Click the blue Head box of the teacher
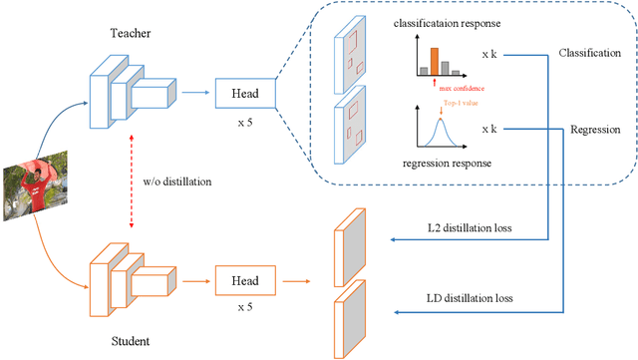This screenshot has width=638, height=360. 246,94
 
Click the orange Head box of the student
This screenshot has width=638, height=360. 246,281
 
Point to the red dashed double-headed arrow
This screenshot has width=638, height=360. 148,185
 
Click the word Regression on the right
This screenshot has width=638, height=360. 594,130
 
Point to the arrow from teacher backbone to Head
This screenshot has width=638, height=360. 195,94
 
